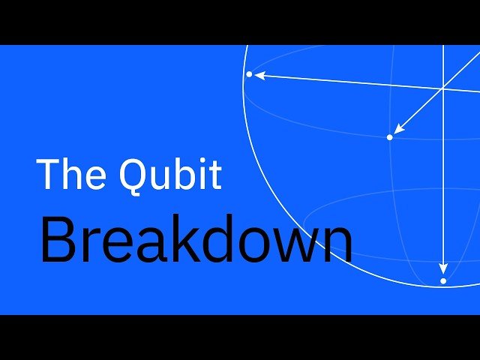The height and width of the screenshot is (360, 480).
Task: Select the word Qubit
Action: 170,174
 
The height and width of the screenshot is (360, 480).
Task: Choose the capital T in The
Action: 49,174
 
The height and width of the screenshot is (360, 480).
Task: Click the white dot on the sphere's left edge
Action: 250,74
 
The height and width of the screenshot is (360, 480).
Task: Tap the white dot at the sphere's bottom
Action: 443,280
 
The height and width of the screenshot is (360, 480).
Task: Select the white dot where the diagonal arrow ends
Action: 389,137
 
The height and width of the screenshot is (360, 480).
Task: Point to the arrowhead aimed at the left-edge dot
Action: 259,75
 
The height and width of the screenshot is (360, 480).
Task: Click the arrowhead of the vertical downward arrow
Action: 443,268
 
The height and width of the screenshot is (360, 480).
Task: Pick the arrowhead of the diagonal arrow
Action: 398,129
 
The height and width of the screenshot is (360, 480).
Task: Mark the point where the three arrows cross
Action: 443,88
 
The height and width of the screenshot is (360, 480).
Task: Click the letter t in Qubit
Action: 214,175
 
